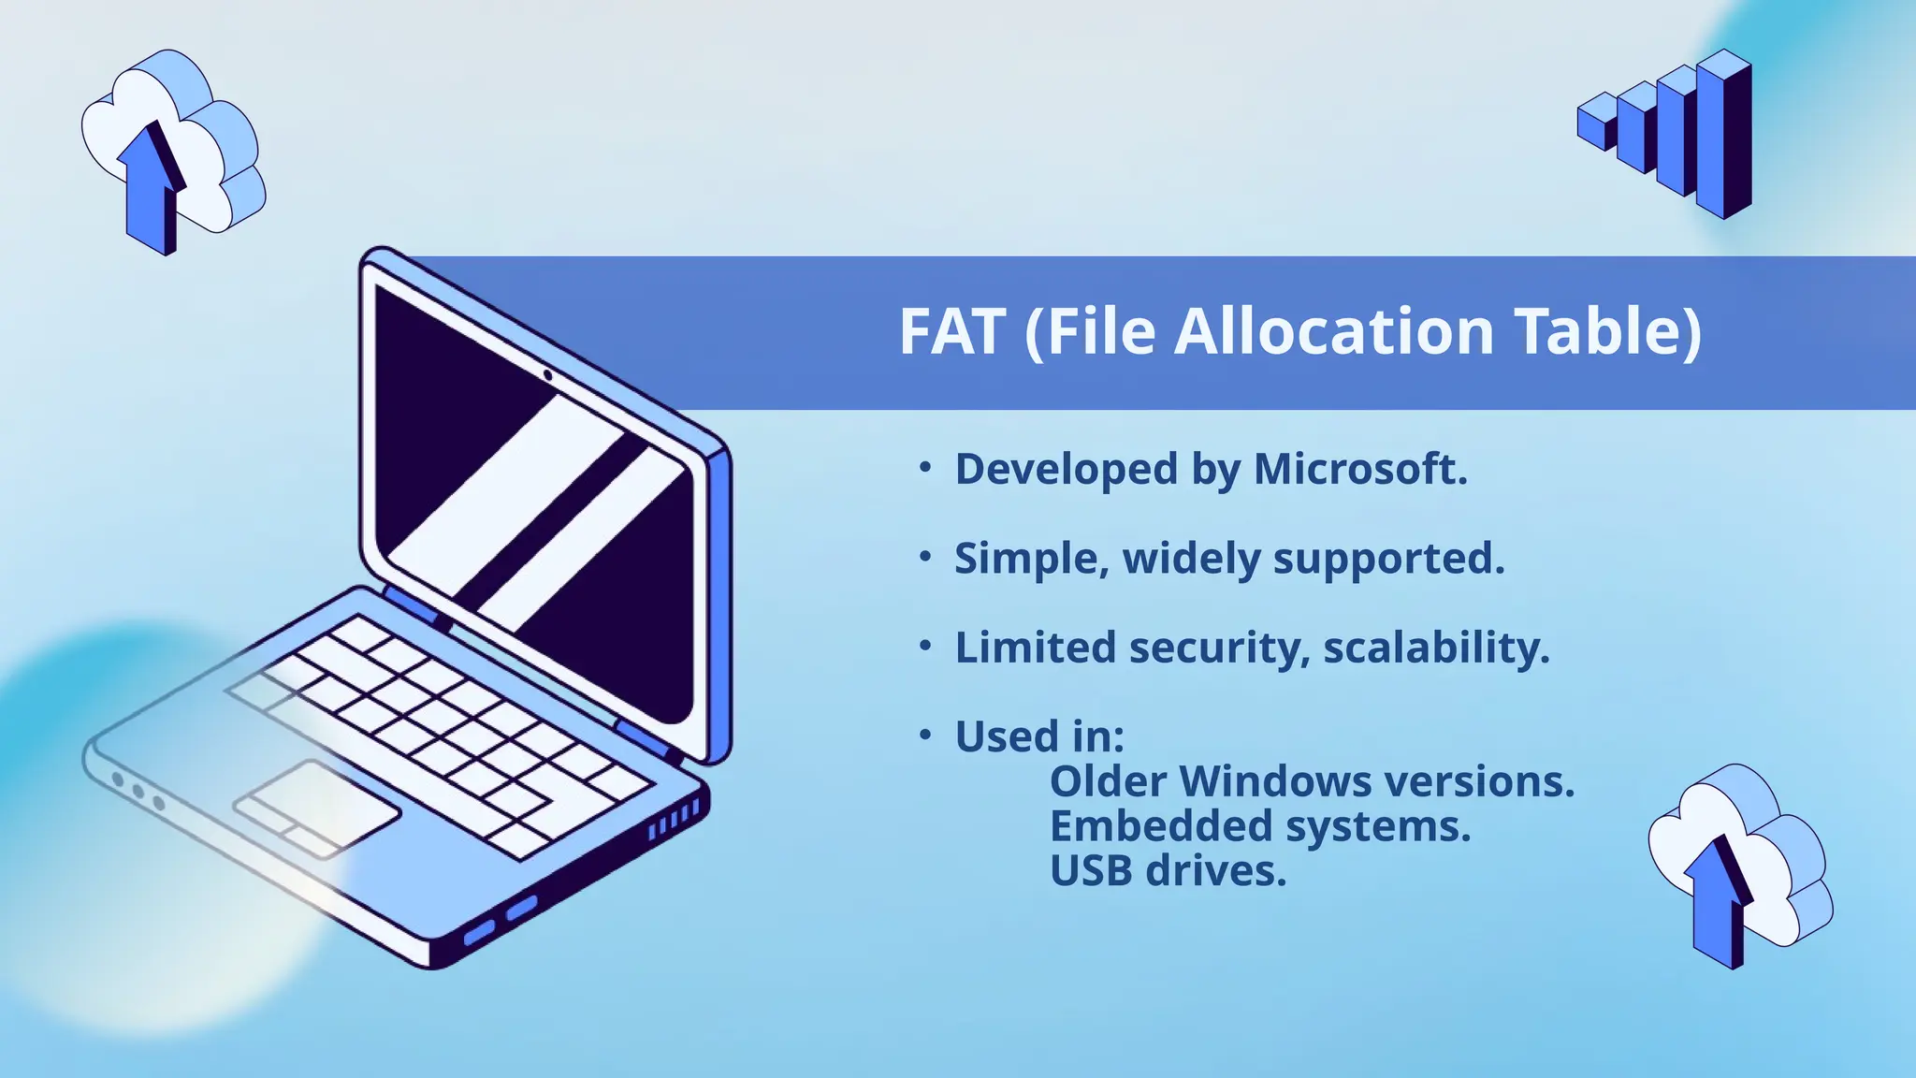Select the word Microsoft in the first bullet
pos(1360,469)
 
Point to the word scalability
pos(1436,648)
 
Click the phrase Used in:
pos(1039,736)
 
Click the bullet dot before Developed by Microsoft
pos(925,467)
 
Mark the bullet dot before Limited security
pos(925,646)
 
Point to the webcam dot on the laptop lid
pos(547,375)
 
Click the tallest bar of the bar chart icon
pos(1723,136)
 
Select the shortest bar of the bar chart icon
pos(1596,123)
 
